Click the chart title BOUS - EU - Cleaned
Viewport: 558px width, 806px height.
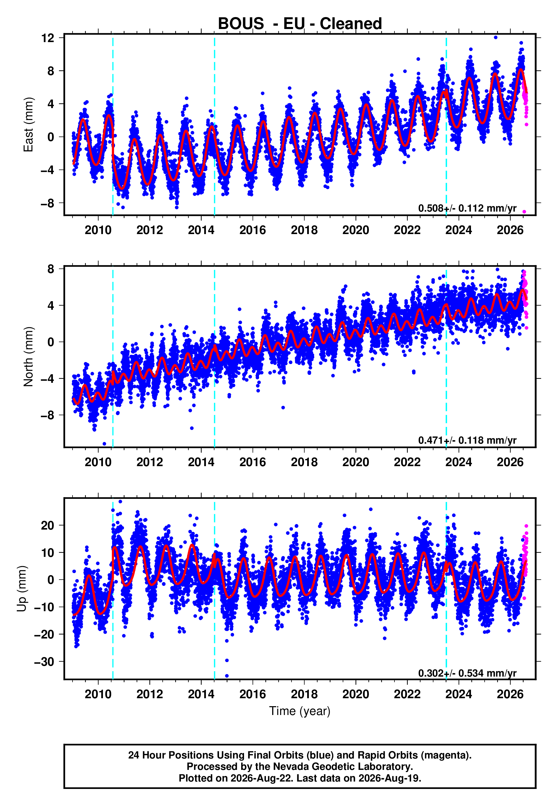coord(300,24)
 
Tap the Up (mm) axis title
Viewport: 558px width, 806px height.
coord(22,588)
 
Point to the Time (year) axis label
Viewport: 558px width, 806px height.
coord(300,711)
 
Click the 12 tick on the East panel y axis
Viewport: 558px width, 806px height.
coord(48,38)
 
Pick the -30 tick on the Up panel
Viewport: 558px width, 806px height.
coord(44,662)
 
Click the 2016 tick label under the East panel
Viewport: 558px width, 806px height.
coord(253,230)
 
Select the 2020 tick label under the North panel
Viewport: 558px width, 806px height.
coord(356,462)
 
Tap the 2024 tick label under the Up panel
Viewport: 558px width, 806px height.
coord(459,694)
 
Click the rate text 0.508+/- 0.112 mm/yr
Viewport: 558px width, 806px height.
coord(467,208)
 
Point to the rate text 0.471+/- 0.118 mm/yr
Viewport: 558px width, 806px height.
coord(467,440)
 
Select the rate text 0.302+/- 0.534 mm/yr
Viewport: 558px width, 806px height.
coord(467,673)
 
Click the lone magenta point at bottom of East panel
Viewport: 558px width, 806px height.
coord(524,212)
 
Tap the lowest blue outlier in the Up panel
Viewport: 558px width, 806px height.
coord(227,676)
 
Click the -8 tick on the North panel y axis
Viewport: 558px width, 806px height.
coord(48,415)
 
